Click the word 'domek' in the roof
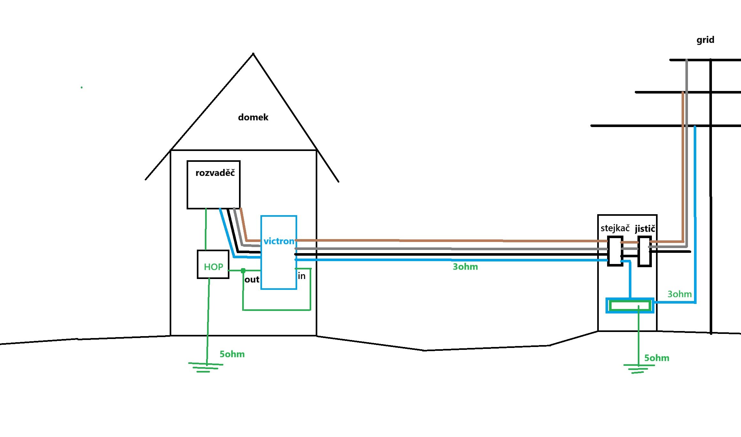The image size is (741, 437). [253, 117]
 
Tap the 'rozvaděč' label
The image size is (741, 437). [215, 173]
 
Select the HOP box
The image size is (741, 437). [213, 265]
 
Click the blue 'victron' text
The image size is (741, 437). [279, 241]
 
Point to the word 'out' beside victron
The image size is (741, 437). [252, 280]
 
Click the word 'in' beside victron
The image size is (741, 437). [302, 276]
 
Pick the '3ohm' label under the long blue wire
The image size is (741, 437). [465, 267]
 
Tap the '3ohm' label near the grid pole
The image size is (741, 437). [679, 294]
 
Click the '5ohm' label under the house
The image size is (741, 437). [232, 354]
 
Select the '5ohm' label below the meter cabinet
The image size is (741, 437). [657, 358]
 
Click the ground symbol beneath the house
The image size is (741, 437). [206, 367]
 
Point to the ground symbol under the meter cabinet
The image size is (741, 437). [638, 369]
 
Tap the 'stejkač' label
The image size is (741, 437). [615, 228]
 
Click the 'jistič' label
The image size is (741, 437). [645, 229]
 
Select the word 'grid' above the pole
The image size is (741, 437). [705, 40]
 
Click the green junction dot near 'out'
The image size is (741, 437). [243, 271]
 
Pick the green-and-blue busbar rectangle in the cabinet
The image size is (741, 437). [630, 305]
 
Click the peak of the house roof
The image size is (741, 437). [253, 54]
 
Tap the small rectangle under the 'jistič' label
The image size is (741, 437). [645, 251]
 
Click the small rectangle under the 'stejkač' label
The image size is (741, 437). [615, 251]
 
